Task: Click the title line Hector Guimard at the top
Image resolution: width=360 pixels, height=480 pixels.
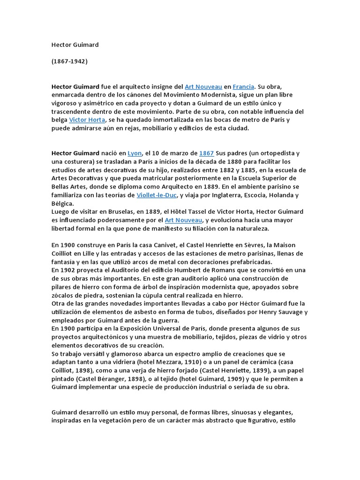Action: (75, 45)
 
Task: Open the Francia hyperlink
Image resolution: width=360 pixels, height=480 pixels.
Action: (243, 87)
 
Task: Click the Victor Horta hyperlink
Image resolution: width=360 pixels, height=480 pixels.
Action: (87, 120)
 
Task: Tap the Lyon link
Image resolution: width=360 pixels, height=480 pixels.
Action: (135, 153)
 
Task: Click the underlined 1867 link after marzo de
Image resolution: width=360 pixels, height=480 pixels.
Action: (207, 153)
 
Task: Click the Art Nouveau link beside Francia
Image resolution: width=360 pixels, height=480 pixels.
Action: (203, 87)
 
